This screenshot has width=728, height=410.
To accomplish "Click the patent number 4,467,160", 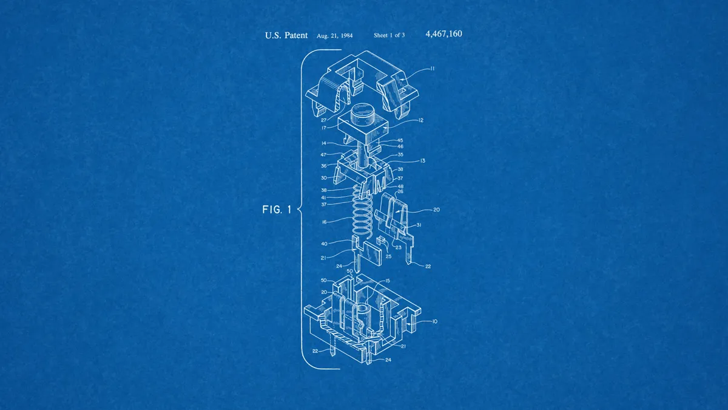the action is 443,34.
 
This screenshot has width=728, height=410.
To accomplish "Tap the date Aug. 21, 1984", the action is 334,35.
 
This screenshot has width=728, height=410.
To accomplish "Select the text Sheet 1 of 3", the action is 389,35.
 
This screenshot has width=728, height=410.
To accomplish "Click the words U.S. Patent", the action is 286,35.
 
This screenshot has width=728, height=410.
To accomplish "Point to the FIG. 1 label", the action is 277,210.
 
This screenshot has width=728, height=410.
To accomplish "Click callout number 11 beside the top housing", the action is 432,68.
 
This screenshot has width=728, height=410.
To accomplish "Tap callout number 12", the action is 421,120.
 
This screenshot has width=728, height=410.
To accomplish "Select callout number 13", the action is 422,161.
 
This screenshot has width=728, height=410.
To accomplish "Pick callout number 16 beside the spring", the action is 324,222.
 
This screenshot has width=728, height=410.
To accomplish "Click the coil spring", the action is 362,210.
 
